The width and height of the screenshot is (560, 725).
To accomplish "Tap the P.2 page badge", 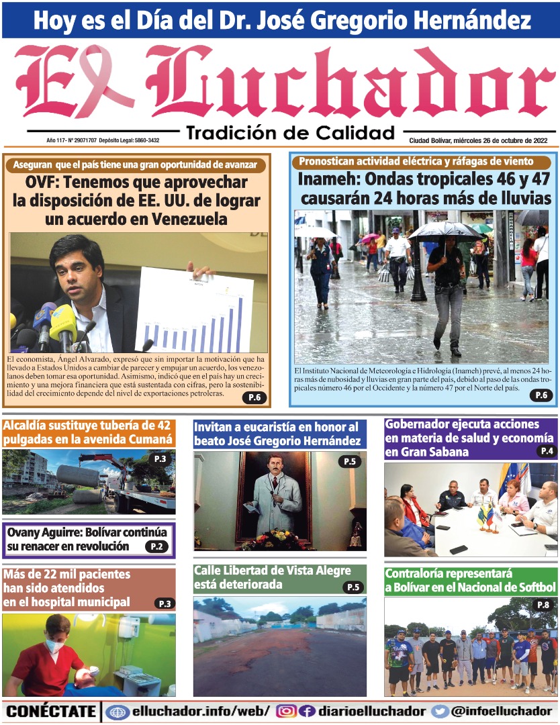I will click(156, 546).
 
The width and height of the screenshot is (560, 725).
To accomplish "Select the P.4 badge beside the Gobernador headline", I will click(546, 451).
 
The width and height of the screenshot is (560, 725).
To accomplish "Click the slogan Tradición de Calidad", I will click(290, 132).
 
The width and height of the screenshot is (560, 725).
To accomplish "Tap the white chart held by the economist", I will click(194, 309).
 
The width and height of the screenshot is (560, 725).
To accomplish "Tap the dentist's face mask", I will click(56, 646).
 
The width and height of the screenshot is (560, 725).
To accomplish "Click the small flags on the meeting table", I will click(486, 516).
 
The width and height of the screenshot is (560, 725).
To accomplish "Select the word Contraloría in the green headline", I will click(420, 574).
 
